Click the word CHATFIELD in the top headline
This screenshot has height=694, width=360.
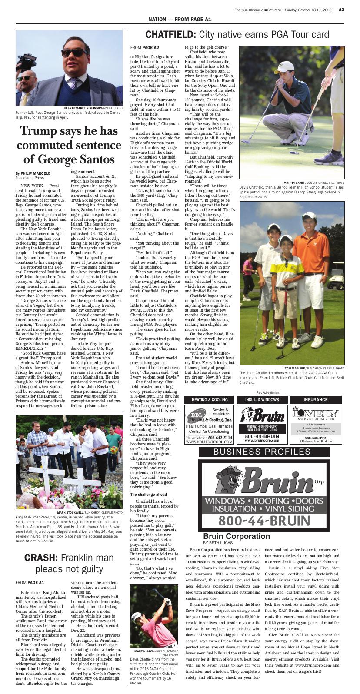[x=170, y=35]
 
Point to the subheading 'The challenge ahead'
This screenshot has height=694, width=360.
[x=148, y=495]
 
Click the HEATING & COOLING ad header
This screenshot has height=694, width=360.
[x=210, y=400]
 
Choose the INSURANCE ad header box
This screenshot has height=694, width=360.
[x=316, y=400]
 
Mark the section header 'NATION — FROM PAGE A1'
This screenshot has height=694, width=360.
[x=180, y=20]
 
